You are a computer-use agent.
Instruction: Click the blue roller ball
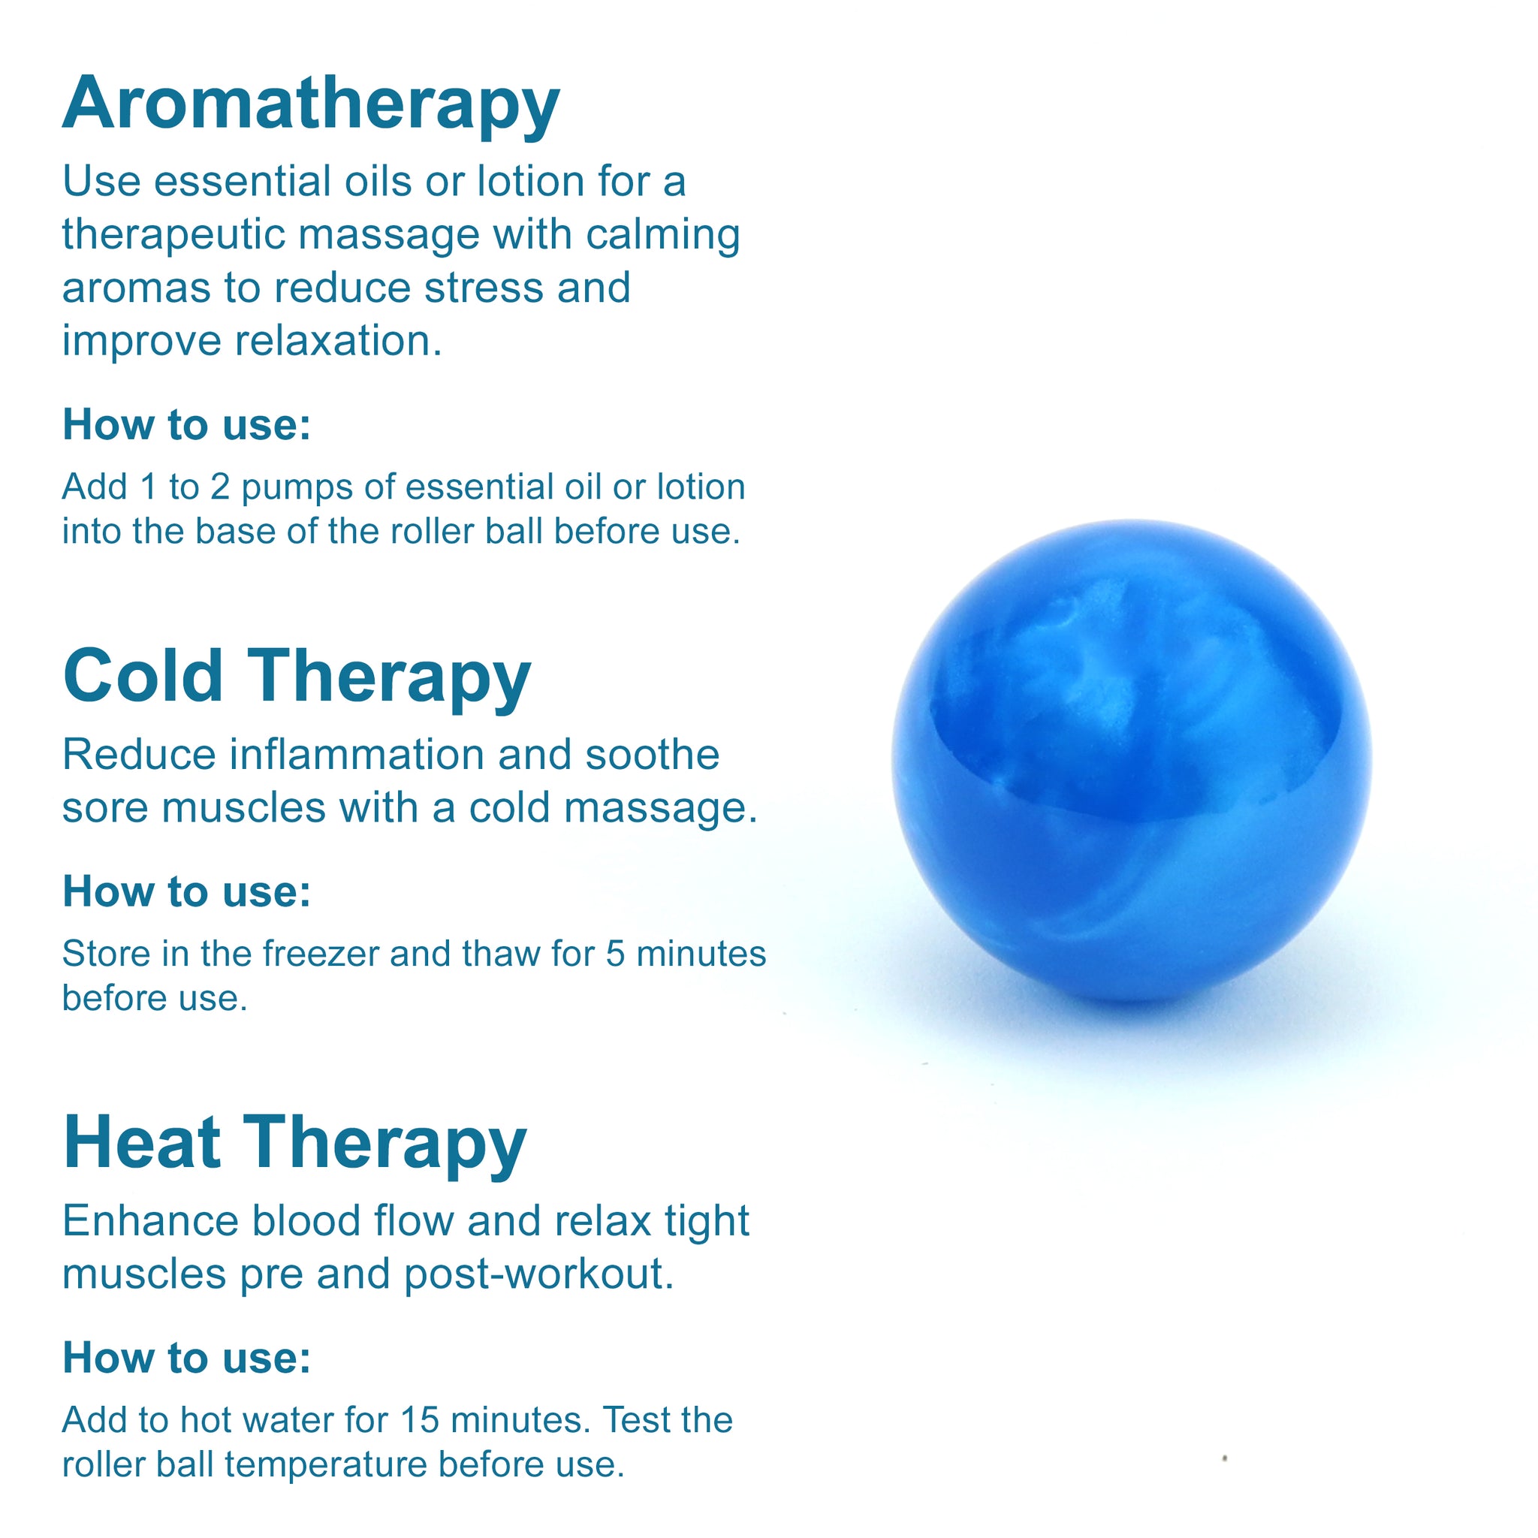tap(1131, 760)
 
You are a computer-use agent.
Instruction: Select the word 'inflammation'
tap(357, 755)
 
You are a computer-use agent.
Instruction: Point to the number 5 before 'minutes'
tap(615, 954)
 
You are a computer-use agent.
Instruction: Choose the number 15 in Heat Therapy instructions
tap(420, 1420)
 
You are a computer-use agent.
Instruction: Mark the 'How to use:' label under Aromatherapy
tap(187, 424)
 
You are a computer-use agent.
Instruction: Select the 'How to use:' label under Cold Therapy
tap(187, 891)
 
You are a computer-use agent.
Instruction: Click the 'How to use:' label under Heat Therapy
tap(187, 1357)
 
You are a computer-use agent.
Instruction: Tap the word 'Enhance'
tap(150, 1221)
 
